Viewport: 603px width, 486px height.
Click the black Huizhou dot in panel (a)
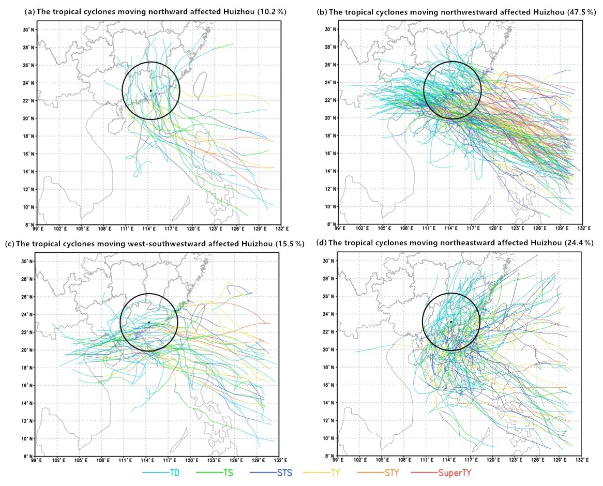coord(150,90)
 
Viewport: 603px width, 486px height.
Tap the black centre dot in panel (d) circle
coord(451,322)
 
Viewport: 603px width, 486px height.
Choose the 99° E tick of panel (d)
coord(338,460)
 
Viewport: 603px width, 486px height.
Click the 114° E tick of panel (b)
coord(450,228)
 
